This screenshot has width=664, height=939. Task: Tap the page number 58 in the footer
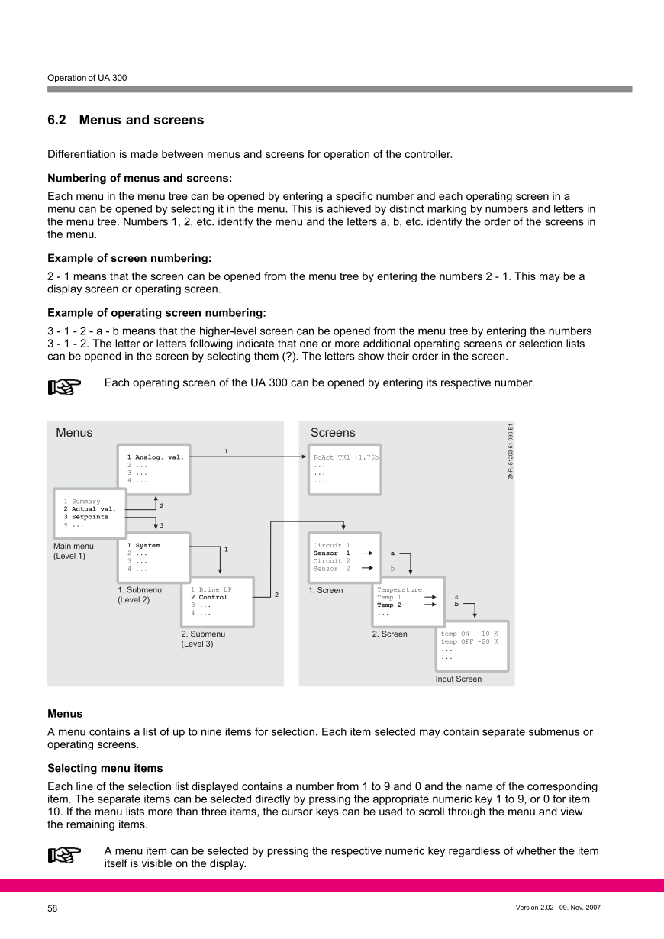(53, 908)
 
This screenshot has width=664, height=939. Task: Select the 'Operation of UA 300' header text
(87, 78)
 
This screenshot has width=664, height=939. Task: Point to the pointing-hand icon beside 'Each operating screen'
(64, 388)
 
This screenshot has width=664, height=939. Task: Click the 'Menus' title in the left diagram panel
(74, 433)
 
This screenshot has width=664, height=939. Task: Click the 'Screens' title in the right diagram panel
(333, 433)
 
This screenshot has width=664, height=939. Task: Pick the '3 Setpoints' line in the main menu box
(86, 517)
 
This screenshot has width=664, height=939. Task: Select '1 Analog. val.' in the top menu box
(156, 457)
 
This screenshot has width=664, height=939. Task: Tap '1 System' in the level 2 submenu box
(143, 546)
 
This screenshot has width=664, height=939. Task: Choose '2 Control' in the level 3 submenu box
(209, 597)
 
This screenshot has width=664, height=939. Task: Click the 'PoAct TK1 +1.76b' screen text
(346, 457)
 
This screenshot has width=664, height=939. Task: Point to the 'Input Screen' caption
(459, 679)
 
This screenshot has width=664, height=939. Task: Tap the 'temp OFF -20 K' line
(469, 641)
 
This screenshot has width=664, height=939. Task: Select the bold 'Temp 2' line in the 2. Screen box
(389, 605)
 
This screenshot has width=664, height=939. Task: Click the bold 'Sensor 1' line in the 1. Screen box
(331, 553)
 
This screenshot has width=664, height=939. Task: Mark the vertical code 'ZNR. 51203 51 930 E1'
(511, 451)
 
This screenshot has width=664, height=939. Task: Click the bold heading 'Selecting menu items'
(105, 768)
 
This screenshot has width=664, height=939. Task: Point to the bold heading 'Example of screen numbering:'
(130, 258)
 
